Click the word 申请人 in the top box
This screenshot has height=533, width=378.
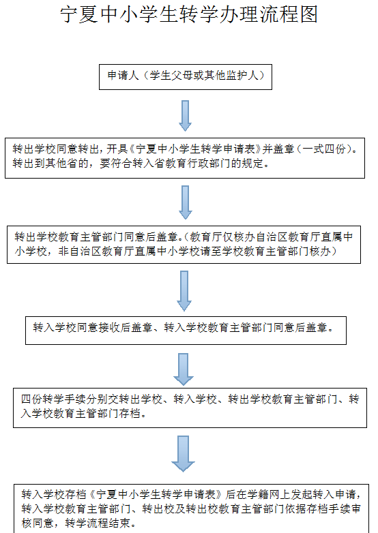123,75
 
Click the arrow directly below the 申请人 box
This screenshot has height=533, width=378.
185,116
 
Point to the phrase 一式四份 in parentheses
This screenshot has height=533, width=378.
324,149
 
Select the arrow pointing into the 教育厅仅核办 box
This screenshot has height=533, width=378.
185,202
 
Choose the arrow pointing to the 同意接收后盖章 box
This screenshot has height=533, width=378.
184,291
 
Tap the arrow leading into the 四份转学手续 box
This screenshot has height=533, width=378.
184,369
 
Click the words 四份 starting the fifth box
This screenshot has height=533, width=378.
31,399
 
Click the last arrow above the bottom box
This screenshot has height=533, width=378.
183,454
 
